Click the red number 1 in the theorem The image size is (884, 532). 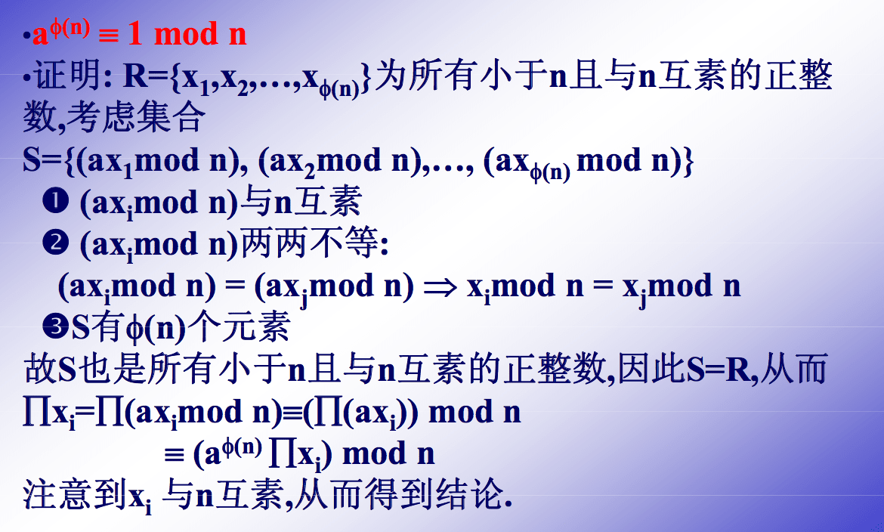[x=135, y=33]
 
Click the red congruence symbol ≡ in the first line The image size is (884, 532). [x=109, y=36]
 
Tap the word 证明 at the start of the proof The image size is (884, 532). [x=67, y=76]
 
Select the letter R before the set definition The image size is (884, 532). [x=135, y=76]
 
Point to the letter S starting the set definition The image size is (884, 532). [x=32, y=159]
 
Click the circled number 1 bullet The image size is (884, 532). [x=55, y=202]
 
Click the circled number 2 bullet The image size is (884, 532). [x=55, y=243]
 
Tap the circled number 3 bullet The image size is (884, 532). [x=55, y=327]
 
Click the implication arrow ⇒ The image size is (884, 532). [x=440, y=287]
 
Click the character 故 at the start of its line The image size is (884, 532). [x=40, y=369]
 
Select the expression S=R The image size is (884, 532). [x=719, y=370]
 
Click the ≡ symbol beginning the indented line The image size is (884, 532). [x=175, y=455]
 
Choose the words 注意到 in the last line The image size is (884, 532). [x=74, y=494]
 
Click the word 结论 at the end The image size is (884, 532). [x=469, y=494]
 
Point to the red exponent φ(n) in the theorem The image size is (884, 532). [x=70, y=26]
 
